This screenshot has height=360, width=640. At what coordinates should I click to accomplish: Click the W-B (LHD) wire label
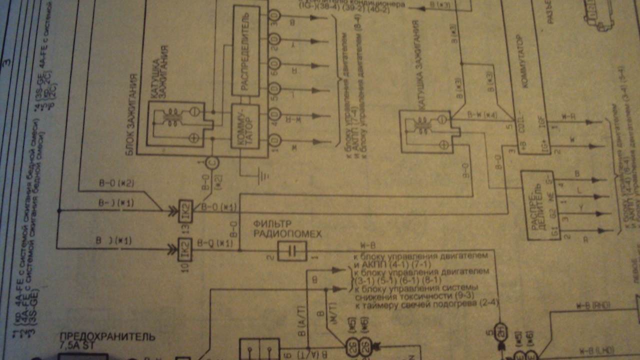tap(597, 350)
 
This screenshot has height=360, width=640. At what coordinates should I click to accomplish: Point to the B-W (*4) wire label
tap(482, 115)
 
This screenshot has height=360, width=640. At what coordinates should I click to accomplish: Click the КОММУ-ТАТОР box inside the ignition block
tap(245, 126)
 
